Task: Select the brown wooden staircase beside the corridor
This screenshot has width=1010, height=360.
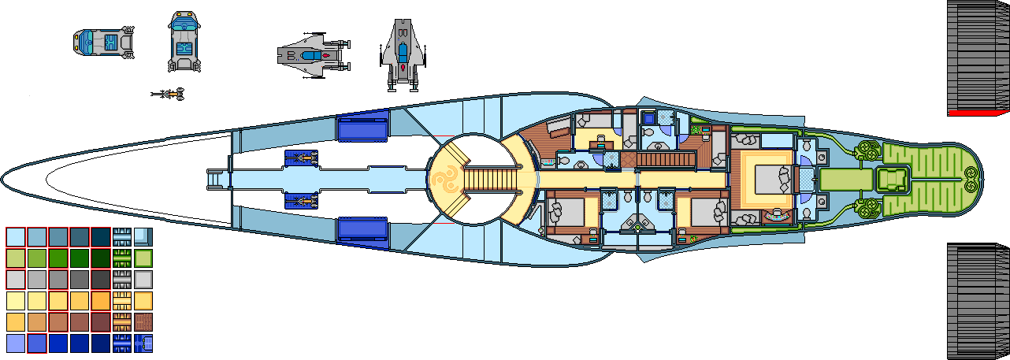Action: (x=665, y=160)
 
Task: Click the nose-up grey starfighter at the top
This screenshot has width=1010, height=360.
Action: (x=403, y=54)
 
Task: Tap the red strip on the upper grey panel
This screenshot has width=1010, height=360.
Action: (x=978, y=113)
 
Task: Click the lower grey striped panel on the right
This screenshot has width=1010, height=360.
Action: (x=978, y=299)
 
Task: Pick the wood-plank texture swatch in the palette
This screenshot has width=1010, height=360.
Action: (x=143, y=322)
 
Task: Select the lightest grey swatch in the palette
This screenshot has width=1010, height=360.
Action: (x=16, y=280)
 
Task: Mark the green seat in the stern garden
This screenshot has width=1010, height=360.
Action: (x=893, y=180)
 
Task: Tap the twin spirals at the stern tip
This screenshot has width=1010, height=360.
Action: (x=971, y=179)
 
